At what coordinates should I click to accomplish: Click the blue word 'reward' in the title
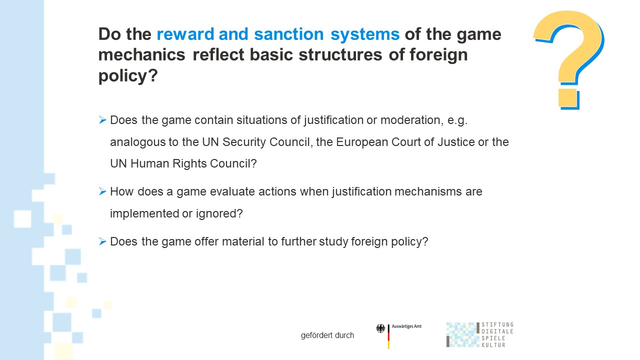(185, 34)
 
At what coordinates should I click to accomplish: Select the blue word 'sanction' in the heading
(288, 34)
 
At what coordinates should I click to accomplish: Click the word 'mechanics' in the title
(141, 54)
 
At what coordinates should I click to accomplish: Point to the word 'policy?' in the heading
(128, 76)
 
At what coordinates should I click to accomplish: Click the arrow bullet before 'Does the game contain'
(102, 119)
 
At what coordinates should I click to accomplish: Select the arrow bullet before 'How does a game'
(102, 191)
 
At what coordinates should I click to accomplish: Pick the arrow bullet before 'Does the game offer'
(102, 241)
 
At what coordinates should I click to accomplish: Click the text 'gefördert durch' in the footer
(327, 335)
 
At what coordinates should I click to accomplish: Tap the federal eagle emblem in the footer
(380, 328)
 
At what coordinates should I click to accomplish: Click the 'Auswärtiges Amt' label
(406, 326)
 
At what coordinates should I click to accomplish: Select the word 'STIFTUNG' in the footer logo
(497, 324)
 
